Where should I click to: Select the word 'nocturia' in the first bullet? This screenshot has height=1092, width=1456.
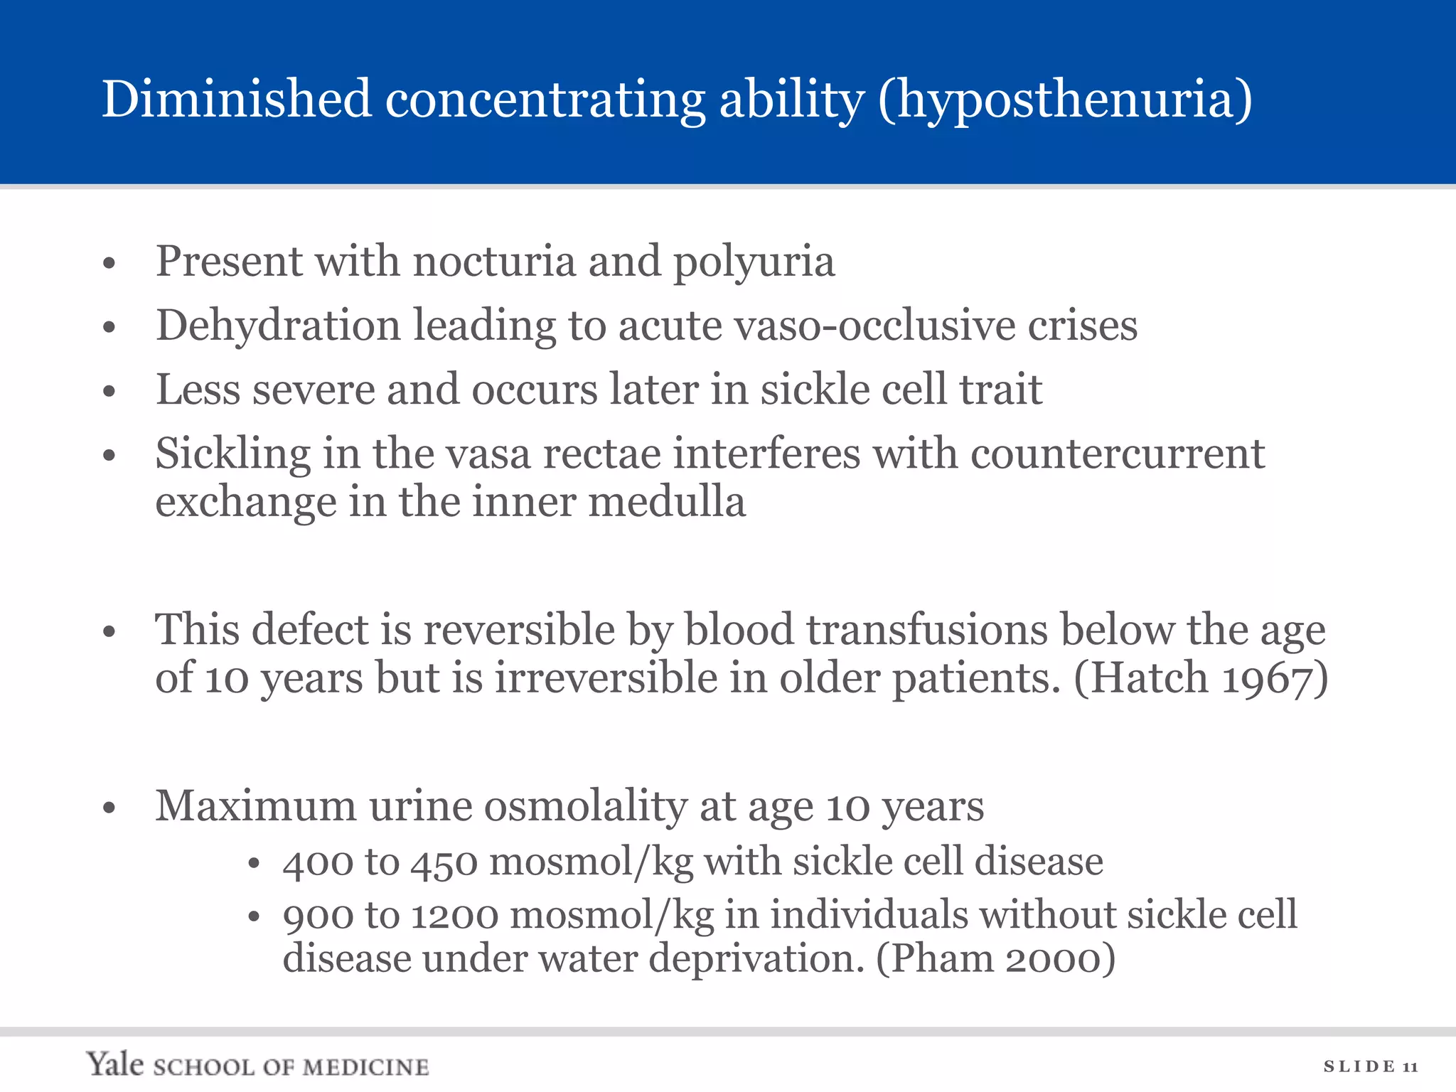coord(494,261)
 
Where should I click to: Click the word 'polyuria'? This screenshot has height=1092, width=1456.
coord(754,262)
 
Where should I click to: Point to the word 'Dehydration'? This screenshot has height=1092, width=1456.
coord(278,326)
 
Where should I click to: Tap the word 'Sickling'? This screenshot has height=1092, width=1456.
coord(233,454)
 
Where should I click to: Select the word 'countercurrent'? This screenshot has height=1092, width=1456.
coord(1118,454)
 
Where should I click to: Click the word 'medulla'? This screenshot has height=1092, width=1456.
coord(667,502)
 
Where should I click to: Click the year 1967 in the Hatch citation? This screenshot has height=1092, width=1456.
coord(1266,678)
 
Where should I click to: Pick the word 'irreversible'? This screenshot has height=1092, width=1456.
coord(606,678)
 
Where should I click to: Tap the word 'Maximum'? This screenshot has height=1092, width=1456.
coord(256,806)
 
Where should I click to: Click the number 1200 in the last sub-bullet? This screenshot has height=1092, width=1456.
coord(454,915)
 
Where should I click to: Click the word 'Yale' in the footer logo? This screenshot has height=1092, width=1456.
coord(115,1064)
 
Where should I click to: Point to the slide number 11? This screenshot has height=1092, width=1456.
coord(1410,1066)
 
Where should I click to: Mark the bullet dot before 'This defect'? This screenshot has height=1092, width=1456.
coord(109,631)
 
